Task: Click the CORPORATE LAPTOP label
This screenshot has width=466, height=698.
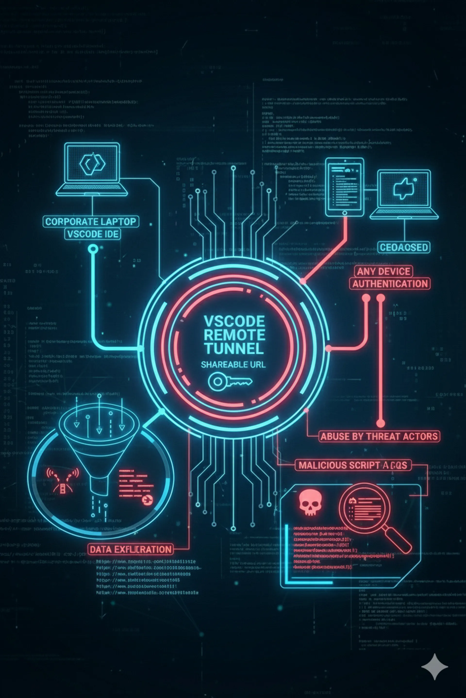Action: coord(91,222)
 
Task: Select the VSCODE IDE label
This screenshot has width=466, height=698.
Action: coord(93,234)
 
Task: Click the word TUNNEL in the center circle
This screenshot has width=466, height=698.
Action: coord(234,349)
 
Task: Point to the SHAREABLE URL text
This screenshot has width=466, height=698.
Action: coord(233,365)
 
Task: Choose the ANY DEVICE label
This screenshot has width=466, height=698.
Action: coord(383,271)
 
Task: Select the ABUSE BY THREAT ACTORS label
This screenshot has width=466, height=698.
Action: coord(379,436)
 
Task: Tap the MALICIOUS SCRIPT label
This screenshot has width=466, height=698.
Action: coord(353,465)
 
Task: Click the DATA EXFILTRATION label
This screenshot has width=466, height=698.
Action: coord(131,549)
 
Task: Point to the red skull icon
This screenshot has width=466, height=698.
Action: coord(310,503)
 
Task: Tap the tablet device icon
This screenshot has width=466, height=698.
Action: coord(344,187)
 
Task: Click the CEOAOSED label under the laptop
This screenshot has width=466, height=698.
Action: coord(404,247)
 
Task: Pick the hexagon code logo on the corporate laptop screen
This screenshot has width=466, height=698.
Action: coord(92,164)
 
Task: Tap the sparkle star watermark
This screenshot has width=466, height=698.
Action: coord(434,667)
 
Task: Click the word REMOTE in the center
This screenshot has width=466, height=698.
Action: coord(234,335)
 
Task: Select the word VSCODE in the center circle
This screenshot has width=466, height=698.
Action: coord(234,321)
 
